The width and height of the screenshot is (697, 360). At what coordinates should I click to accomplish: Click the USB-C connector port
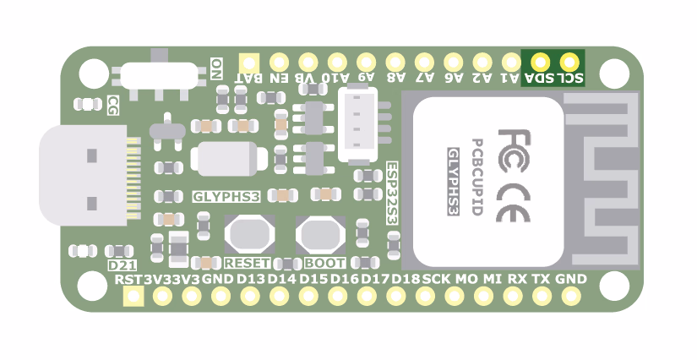[84, 177]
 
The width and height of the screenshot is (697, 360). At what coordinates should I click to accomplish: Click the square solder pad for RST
[133, 296]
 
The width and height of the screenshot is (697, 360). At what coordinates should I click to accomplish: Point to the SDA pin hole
[540, 62]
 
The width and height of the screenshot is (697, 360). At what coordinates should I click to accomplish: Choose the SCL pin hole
[569, 62]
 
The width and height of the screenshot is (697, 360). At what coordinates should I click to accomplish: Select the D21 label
[123, 265]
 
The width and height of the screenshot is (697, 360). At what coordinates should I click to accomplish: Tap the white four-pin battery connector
[357, 125]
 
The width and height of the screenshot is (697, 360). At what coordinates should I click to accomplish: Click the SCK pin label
[436, 279]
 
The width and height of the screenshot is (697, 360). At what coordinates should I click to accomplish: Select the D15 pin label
[313, 279]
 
